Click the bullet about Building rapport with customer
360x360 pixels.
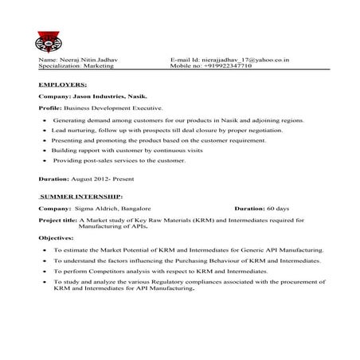click(127, 150)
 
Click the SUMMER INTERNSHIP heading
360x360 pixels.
click(80, 195)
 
